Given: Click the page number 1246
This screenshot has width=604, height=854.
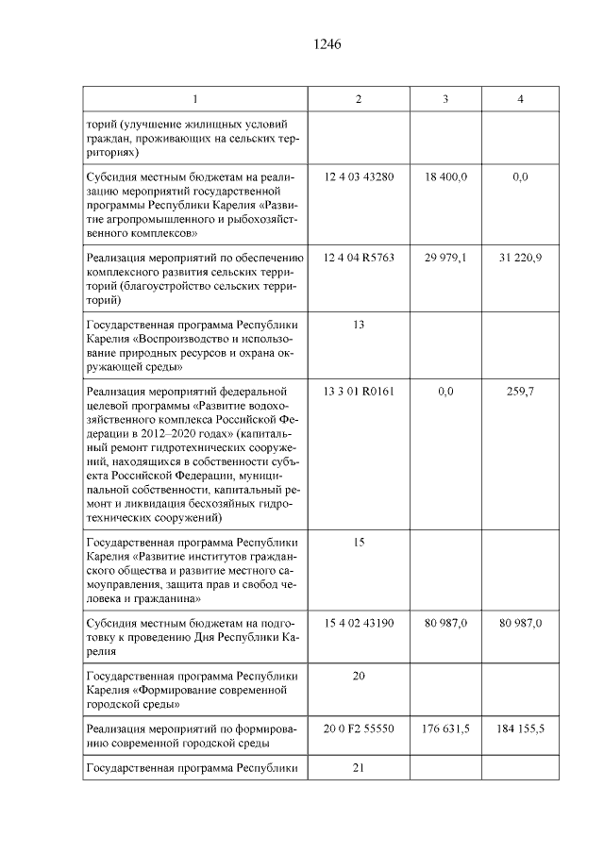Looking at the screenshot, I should (x=326, y=44).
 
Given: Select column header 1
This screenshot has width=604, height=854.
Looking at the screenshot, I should (x=194, y=100).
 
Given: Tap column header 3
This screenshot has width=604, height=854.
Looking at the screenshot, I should (x=445, y=100).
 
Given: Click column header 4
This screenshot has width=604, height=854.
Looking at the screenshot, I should (x=520, y=100).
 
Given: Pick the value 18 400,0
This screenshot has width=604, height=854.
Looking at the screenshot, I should (x=445, y=176).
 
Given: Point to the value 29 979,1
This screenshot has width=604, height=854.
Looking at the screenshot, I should (x=445, y=257).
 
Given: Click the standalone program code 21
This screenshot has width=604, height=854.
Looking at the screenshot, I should (x=358, y=768).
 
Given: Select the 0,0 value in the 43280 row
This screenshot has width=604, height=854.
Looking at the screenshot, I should (x=520, y=176).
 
